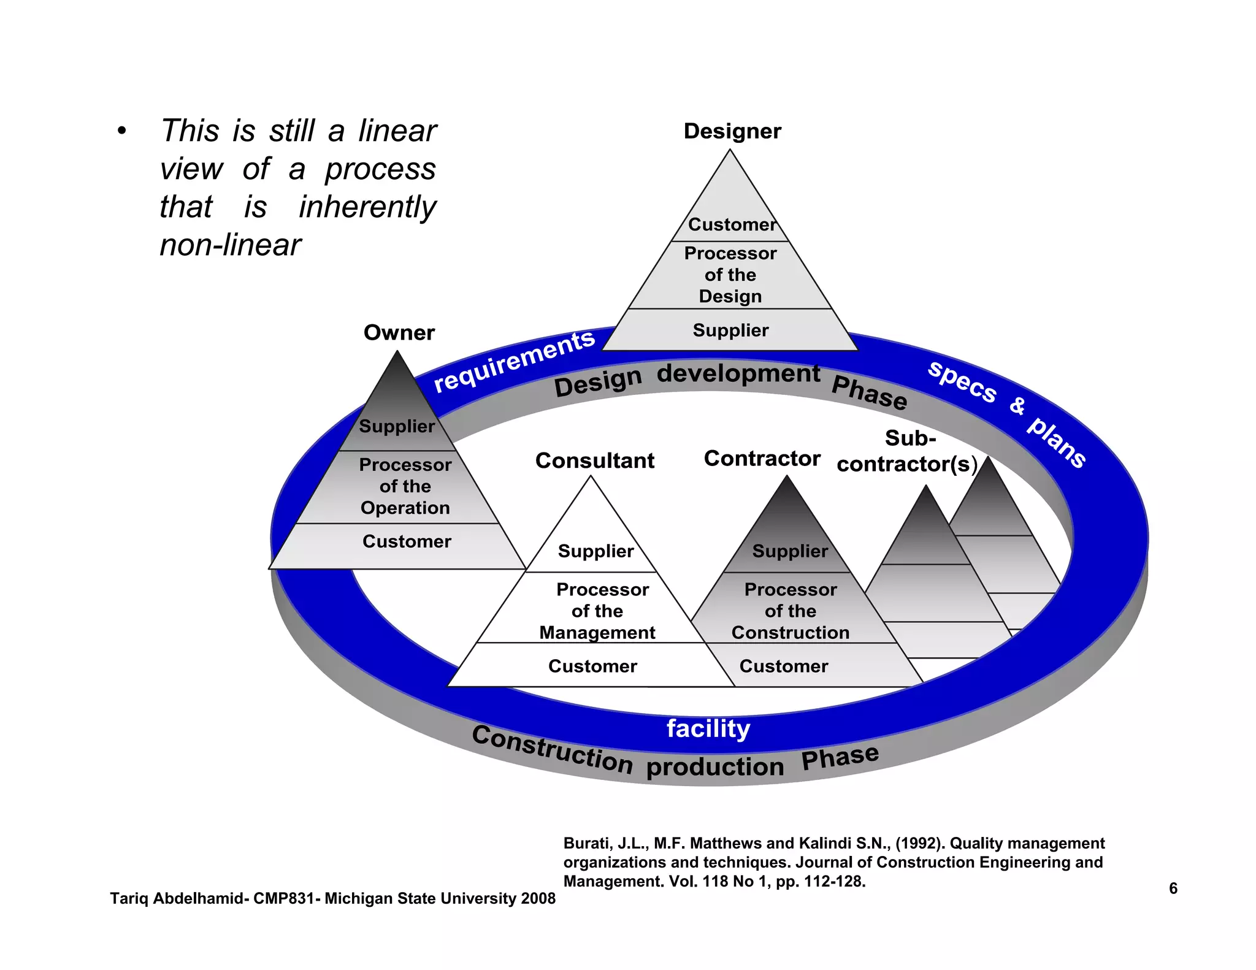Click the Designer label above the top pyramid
[732, 131]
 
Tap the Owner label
[399, 332]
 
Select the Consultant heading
[594, 460]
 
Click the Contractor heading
[762, 459]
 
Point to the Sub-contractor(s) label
[907, 452]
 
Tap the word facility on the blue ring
[708, 728]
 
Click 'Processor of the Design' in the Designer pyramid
[730, 275]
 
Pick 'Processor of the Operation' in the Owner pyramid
[405, 486]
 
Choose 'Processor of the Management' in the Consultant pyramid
[597, 611]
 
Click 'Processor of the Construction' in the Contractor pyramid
[790, 611]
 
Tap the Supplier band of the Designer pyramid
[730, 330]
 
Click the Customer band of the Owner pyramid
[407, 541]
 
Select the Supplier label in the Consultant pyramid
[595, 551]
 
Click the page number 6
[1173, 888]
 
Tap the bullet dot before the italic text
[122, 131]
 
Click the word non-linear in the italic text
[230, 245]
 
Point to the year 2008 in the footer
[538, 898]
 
